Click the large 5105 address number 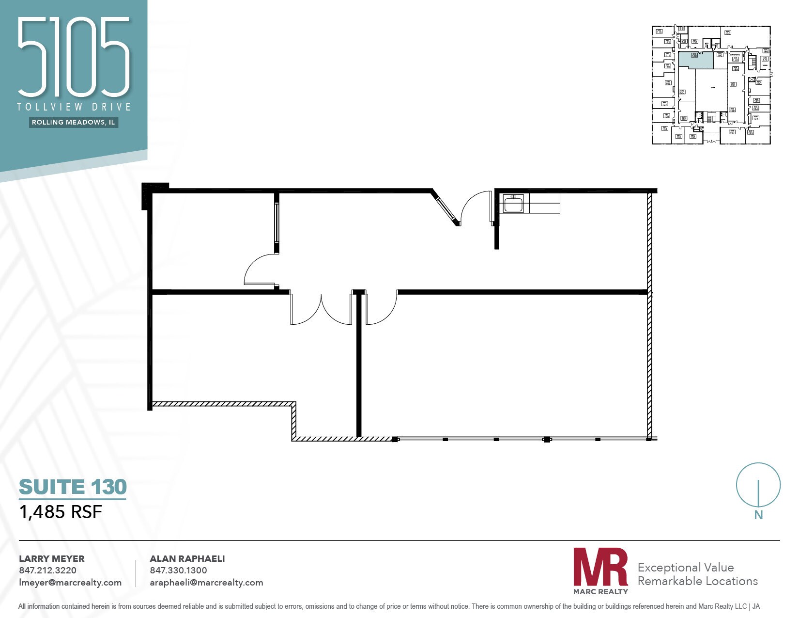tap(74, 57)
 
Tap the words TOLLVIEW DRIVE tap(74, 107)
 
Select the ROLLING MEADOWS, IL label tap(74, 122)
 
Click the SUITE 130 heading tap(73, 487)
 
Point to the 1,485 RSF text tap(61, 512)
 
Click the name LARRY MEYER tap(51, 558)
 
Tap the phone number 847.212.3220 tap(47, 570)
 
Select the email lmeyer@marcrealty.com tap(70, 583)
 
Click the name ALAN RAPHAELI tap(187, 558)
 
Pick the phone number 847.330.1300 tap(178, 570)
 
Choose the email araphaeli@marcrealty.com tap(206, 583)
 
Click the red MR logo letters tap(600, 567)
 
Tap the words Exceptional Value tap(685, 568)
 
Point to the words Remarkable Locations tap(697, 581)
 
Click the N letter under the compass tap(758, 515)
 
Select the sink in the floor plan tap(513, 204)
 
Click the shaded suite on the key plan tap(695, 60)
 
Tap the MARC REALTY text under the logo tap(600, 591)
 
